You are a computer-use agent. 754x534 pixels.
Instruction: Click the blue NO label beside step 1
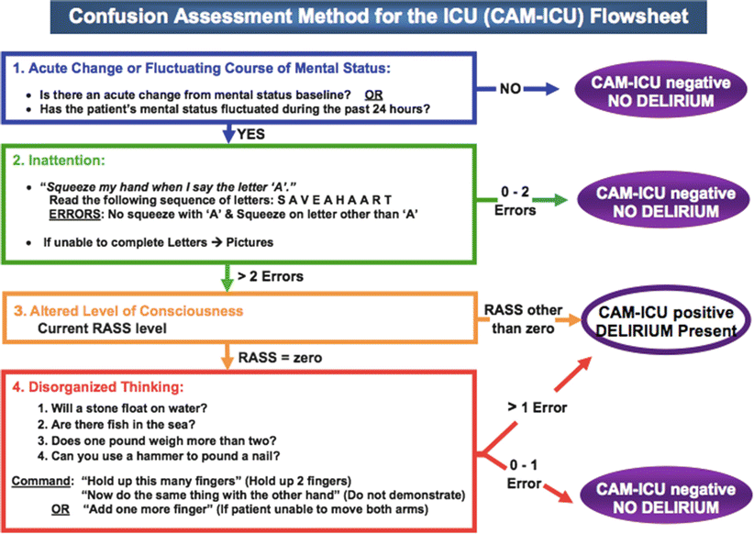coord(511,90)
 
